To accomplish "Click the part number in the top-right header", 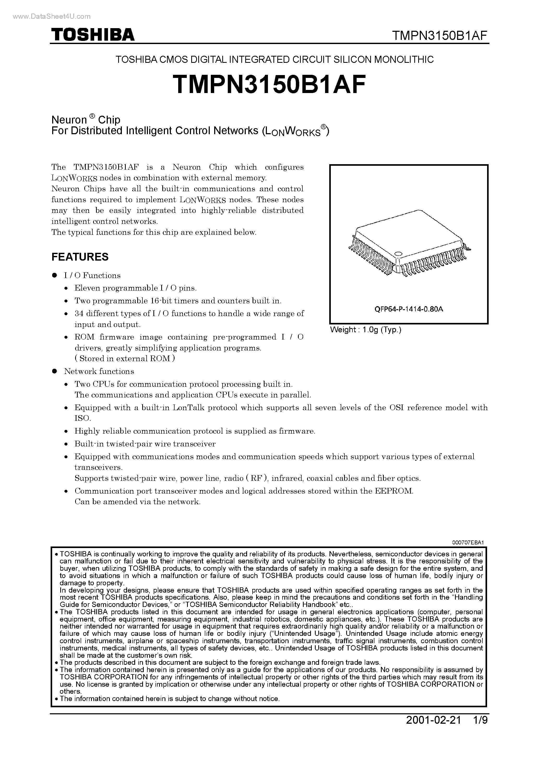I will [440, 35].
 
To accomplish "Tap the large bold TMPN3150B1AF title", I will [269, 84].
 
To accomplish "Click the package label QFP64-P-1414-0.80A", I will [409, 309].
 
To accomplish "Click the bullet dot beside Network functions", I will [55, 371].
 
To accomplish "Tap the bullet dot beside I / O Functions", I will [55, 275].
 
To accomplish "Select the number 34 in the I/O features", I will [79, 314].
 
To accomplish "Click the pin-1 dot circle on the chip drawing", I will [397, 254].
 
